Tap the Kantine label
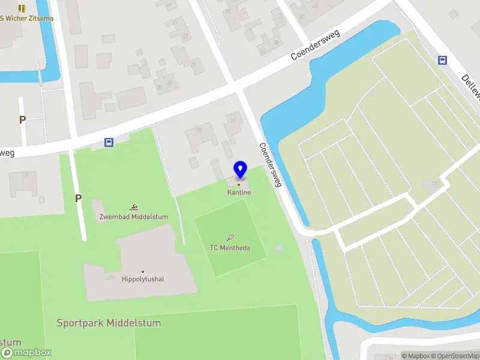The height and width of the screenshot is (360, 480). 239,193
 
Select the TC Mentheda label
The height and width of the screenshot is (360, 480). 230,248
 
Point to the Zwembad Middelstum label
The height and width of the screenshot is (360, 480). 134,217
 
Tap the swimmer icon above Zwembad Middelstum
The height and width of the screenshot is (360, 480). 133,207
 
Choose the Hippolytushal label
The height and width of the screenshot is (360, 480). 143,279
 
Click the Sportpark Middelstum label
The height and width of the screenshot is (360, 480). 109,323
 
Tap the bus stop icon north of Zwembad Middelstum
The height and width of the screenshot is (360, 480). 109,142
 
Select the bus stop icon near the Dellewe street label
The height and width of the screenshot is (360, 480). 443,60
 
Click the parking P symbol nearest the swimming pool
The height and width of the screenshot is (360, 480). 78,198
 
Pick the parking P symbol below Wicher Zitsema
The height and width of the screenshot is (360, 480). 22,119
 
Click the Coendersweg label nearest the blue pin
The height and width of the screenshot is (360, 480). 270,165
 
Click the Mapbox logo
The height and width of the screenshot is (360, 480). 26,353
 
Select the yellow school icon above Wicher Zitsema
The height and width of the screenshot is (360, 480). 22,8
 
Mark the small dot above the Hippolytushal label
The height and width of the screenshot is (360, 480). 143,272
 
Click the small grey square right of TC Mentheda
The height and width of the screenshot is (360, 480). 278,247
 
